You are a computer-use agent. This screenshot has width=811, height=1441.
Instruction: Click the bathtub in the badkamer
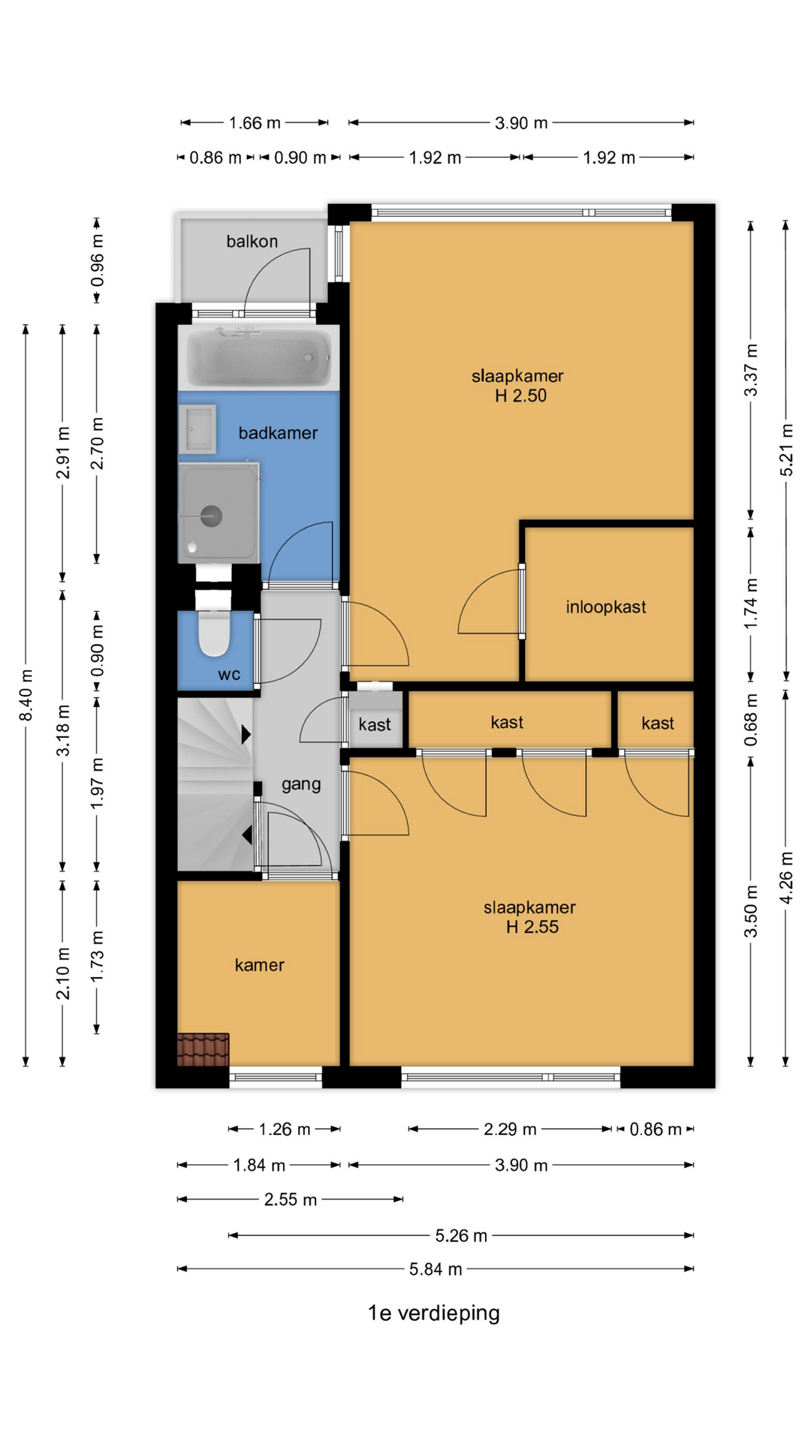point(258,358)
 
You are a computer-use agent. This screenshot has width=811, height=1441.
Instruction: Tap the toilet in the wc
point(214,632)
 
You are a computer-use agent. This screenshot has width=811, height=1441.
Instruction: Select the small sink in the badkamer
point(197,429)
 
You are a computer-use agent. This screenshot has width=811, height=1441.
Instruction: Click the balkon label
point(252,241)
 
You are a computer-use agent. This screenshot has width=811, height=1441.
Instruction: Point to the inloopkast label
point(606,606)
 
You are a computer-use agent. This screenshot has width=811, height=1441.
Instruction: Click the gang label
point(301,784)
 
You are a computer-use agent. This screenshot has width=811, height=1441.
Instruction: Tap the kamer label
point(259,964)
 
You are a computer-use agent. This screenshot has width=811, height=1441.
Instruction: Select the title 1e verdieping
point(433,1313)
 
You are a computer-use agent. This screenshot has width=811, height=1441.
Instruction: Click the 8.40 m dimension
point(26,694)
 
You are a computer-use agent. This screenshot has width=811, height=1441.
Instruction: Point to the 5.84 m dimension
point(436,1269)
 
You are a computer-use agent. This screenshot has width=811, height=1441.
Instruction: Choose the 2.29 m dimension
point(510,1129)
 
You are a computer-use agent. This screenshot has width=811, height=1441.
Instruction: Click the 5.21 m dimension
point(786,450)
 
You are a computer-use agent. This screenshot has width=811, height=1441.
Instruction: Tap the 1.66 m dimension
point(255,122)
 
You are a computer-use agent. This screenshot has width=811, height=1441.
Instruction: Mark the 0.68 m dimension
point(751,720)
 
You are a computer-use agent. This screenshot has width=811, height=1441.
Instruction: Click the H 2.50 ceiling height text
point(520,396)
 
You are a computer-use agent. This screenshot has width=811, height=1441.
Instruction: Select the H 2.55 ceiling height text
point(532,927)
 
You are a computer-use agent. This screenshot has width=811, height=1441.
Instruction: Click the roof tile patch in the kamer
point(204,1049)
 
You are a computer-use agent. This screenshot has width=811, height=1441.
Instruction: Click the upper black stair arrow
point(246,735)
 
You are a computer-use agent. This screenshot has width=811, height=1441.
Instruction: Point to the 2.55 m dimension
point(290,1199)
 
